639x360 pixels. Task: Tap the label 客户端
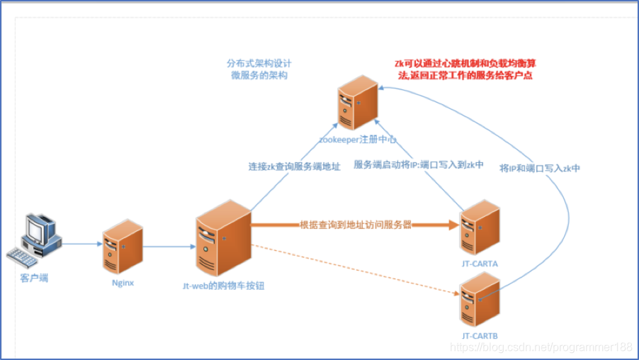(x=34, y=277)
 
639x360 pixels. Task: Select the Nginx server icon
(x=122, y=244)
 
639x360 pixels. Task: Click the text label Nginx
(x=123, y=282)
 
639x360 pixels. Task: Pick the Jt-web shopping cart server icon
(x=222, y=237)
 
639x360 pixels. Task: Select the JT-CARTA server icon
(x=480, y=227)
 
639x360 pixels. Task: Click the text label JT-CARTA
(x=480, y=264)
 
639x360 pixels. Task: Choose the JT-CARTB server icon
(x=480, y=301)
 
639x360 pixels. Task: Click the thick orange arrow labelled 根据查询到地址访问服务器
(x=354, y=225)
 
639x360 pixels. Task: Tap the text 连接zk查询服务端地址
(x=294, y=167)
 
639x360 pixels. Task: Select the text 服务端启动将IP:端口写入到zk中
(x=419, y=165)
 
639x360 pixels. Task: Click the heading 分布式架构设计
(x=258, y=62)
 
